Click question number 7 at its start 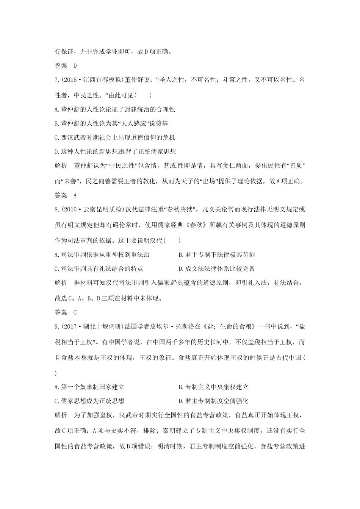[x=57, y=80]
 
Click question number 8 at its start [x=57, y=209]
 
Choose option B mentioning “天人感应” [x=111, y=123]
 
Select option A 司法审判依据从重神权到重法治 [x=102, y=255]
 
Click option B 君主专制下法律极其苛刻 [x=214, y=255]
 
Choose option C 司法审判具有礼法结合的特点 [x=99, y=269]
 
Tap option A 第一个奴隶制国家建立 [x=89, y=387]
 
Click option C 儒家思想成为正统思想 [x=89, y=401]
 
